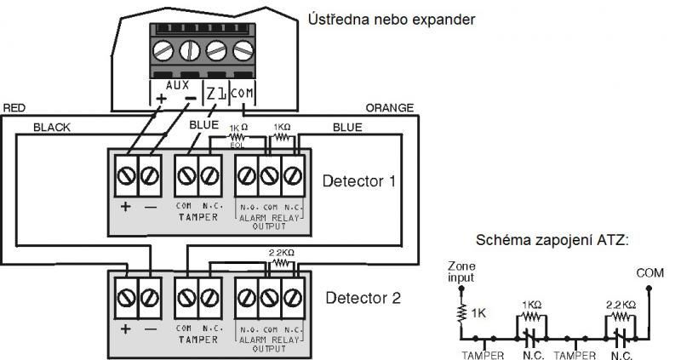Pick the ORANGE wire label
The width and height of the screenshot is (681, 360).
pyautogui.click(x=389, y=108)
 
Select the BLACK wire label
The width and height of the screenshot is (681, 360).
pyautogui.click(x=52, y=127)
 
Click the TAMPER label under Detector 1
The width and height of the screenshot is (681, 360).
pyautogui.click(x=196, y=216)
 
